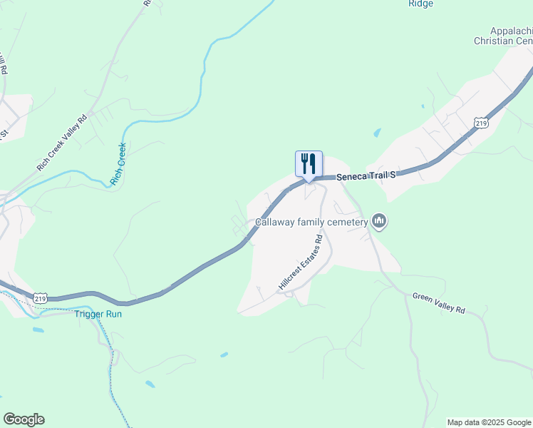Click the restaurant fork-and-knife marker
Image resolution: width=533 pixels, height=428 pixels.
click(309, 163)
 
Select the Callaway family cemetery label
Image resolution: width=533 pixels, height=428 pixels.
click(311, 223)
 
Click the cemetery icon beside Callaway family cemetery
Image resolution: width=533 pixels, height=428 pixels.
click(379, 223)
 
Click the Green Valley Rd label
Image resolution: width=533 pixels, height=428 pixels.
click(439, 302)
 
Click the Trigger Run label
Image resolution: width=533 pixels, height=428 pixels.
click(98, 314)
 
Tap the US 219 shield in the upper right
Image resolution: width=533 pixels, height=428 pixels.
click(482, 123)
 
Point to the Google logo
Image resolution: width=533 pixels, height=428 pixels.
click(24, 419)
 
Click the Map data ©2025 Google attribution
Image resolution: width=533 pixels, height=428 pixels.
click(490, 422)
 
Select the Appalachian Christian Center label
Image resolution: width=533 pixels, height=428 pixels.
click(503, 36)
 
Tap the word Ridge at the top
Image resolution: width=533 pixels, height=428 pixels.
click(420, 4)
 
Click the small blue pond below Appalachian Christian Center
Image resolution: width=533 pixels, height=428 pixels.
click(377, 133)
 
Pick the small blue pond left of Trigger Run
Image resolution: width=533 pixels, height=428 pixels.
click(37, 330)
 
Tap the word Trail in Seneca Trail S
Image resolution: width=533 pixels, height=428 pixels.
click(375, 173)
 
